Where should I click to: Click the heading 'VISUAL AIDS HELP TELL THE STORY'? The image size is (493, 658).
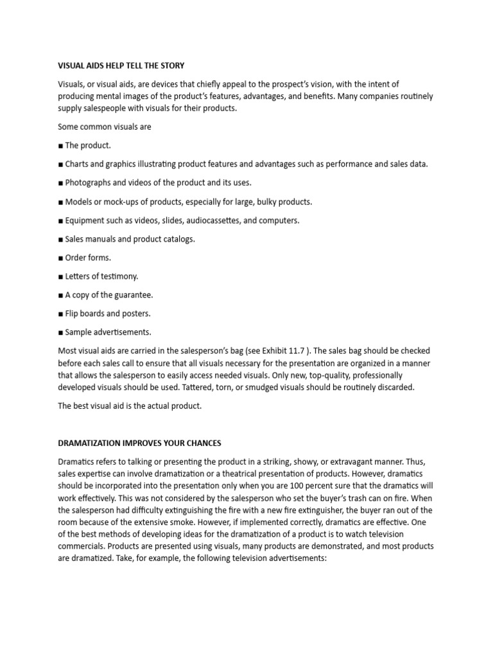click(x=121, y=66)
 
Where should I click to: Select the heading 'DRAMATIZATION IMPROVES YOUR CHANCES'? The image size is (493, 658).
click(x=140, y=443)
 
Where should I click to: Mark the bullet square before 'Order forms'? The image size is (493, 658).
click(x=60, y=258)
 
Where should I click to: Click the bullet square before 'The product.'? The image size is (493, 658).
click(x=60, y=146)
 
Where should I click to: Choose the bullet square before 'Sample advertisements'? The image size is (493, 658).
click(x=60, y=332)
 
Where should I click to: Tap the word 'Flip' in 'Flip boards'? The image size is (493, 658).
click(x=73, y=314)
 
